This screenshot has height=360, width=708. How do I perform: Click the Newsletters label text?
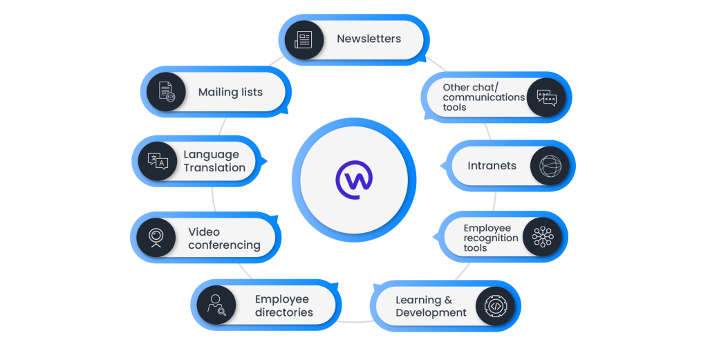(x=369, y=39)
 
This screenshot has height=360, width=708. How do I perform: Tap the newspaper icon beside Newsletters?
(x=304, y=39)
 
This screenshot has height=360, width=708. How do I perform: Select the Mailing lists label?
(x=230, y=92)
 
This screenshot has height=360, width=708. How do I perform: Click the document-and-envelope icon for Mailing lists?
(x=166, y=93)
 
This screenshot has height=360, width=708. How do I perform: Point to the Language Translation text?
(x=214, y=161)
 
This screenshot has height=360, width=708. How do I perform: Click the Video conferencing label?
(x=223, y=238)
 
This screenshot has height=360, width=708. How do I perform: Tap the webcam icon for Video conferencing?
(x=156, y=237)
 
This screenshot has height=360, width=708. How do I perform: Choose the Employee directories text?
(x=283, y=305)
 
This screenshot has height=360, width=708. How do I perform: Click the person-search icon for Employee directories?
(x=216, y=305)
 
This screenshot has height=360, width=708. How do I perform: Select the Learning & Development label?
(x=431, y=306)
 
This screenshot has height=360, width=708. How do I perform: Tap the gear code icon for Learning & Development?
(x=496, y=305)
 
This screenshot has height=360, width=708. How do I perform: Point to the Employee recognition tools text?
(x=490, y=238)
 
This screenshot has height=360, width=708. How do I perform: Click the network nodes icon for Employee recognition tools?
(x=542, y=237)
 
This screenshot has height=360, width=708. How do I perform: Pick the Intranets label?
(x=492, y=166)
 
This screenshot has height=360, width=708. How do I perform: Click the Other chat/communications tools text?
(x=483, y=97)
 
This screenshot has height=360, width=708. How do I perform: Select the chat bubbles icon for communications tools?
(x=546, y=97)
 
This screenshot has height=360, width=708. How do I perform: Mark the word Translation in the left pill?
(x=214, y=168)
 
